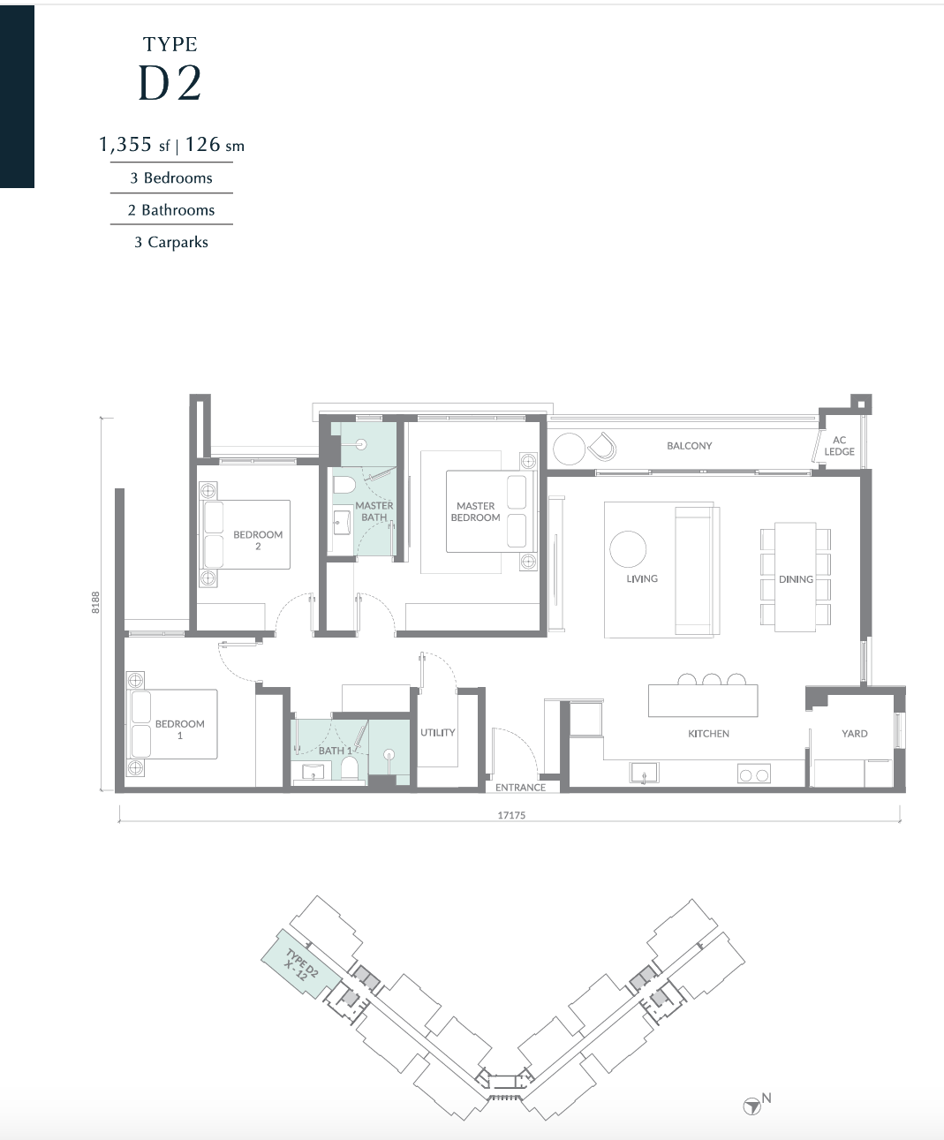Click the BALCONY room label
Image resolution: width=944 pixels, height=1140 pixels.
[689, 446]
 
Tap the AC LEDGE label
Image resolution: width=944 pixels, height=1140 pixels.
[839, 446]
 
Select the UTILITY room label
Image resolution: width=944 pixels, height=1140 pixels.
[437, 733]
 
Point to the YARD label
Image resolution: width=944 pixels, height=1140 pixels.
[855, 734]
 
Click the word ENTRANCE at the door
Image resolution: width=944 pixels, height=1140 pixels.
[520, 788]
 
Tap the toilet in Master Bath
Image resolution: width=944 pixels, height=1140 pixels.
[344, 484]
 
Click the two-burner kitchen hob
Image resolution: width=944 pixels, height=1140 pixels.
[754, 774]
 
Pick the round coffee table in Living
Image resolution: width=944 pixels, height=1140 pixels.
[628, 549]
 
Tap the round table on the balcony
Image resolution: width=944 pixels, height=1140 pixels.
[569, 449]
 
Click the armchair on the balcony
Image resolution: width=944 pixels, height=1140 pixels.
[601, 447]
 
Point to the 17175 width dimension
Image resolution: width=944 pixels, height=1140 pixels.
[511, 815]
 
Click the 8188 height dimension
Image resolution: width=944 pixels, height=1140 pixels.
[95, 602]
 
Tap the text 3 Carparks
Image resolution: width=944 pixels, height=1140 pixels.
[171, 242]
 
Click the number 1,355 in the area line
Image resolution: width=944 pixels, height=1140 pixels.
[125, 144]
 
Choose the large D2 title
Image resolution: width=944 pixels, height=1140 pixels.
[170, 83]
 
